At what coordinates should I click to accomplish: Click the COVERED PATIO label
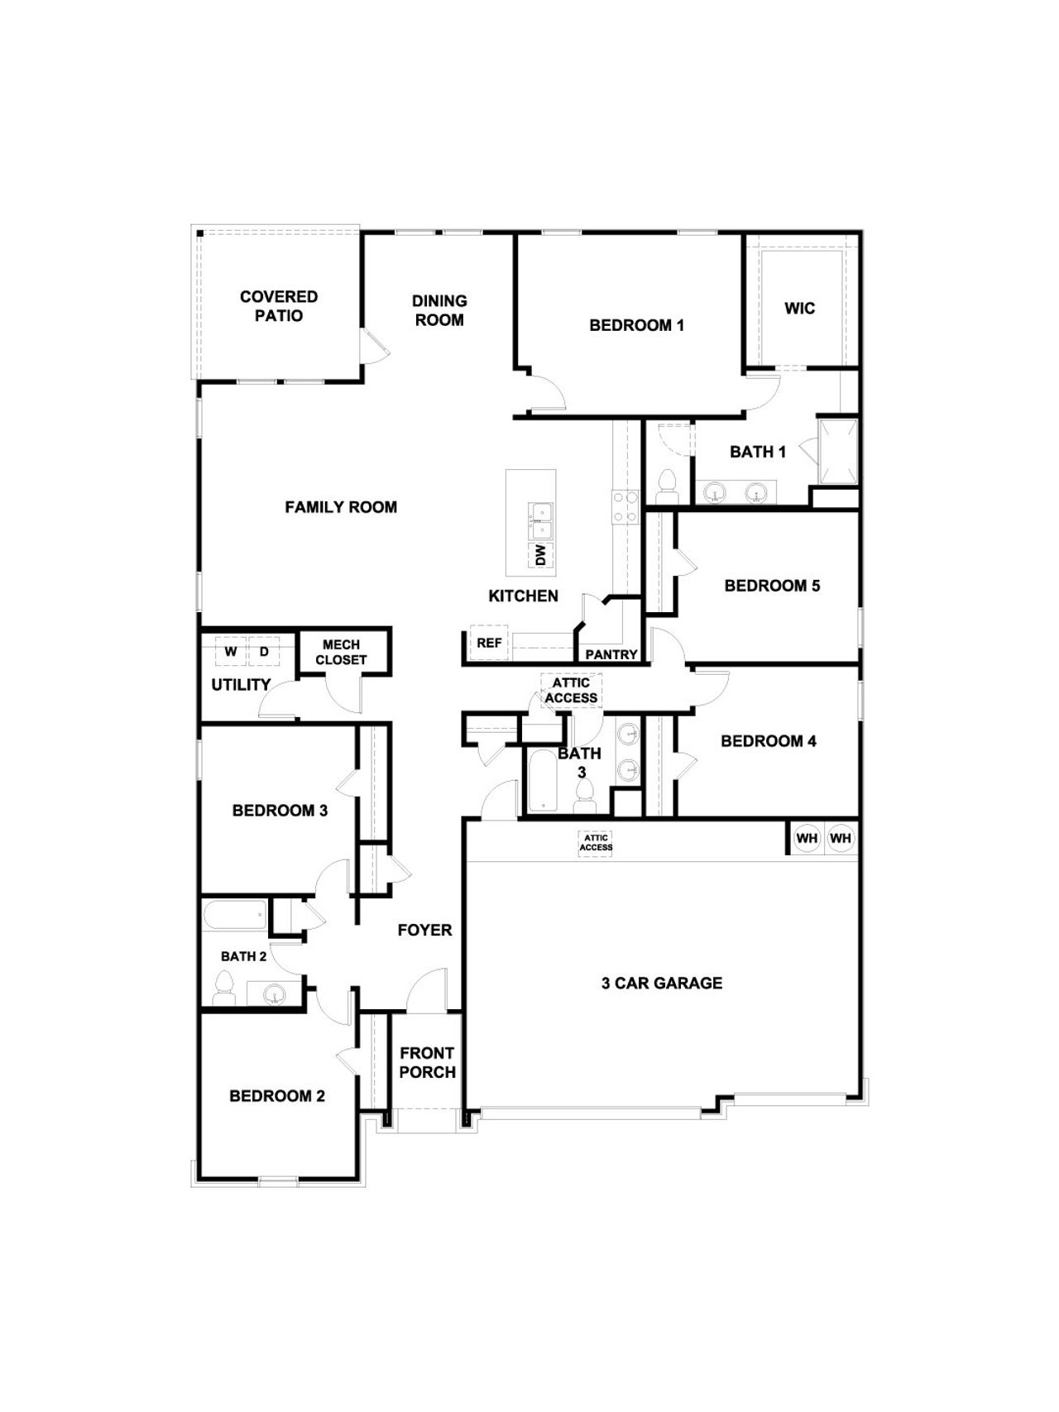click(279, 306)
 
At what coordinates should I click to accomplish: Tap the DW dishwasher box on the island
click(541, 554)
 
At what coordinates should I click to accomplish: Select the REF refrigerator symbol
click(489, 643)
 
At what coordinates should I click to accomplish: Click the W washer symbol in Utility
click(231, 652)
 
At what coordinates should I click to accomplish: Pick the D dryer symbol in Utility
click(265, 652)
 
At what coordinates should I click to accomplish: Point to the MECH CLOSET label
click(341, 652)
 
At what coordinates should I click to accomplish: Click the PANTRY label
click(611, 654)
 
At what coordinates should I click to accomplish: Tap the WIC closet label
click(799, 309)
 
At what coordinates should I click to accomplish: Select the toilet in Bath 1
click(667, 486)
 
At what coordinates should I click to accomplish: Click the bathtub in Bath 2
click(235, 916)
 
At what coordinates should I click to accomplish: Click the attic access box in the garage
click(596, 843)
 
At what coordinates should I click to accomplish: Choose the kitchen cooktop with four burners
click(625, 506)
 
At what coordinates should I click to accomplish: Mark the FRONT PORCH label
click(427, 1062)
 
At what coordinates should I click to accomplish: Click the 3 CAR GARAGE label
click(661, 983)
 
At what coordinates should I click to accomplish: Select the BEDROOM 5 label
click(772, 586)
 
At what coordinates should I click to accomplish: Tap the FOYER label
click(424, 930)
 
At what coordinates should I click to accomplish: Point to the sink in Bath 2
click(274, 993)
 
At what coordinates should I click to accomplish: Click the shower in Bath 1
click(838, 452)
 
